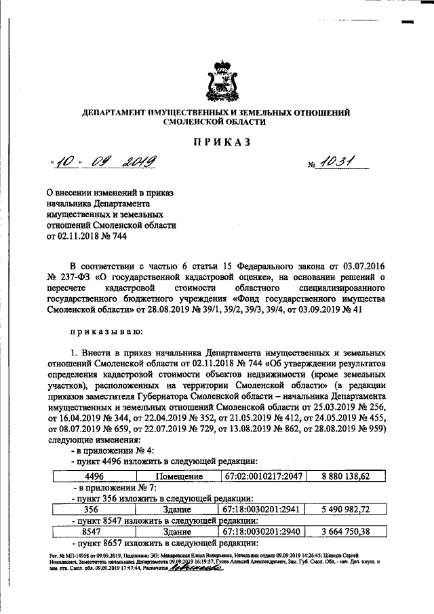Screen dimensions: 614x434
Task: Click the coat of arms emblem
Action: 223,80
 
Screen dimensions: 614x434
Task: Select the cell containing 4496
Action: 83,477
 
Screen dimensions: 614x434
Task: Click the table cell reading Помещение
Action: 180,477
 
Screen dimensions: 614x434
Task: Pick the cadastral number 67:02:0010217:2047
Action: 263,477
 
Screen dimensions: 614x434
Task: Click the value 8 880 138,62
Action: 346,477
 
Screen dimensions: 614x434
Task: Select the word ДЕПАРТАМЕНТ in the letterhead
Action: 117,111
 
